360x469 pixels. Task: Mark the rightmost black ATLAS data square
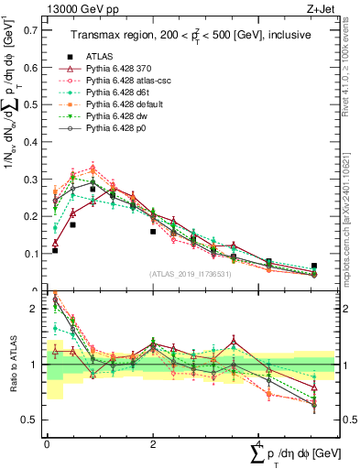(314, 266)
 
